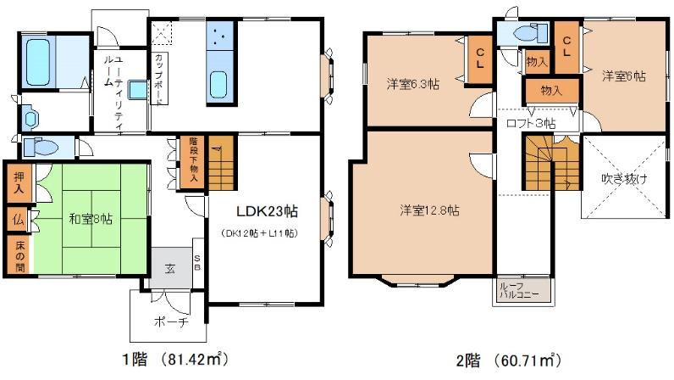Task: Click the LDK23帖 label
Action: (x=267, y=211)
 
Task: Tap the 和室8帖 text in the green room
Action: (x=91, y=219)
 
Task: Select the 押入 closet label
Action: (x=19, y=182)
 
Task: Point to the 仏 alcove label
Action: (x=18, y=220)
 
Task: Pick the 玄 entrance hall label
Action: (x=170, y=269)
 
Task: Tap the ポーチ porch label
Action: (x=171, y=321)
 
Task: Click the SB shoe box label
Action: (x=197, y=262)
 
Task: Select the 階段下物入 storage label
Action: (x=193, y=160)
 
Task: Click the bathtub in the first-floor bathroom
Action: (x=38, y=62)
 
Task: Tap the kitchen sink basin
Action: (x=218, y=85)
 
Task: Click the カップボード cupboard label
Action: (x=158, y=79)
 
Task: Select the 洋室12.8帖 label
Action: (x=429, y=210)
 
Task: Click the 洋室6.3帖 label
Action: (x=412, y=84)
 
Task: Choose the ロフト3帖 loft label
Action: (x=531, y=124)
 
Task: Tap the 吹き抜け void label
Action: (x=624, y=179)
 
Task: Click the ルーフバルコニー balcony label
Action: (x=518, y=290)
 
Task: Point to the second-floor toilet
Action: (x=528, y=33)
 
